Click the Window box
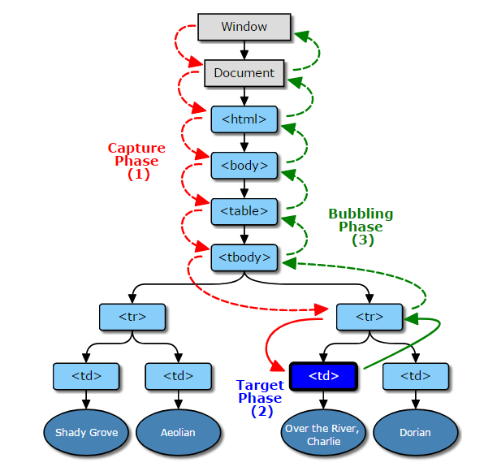pyautogui.click(x=244, y=27)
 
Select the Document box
pyautogui.click(x=244, y=73)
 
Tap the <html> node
pyautogui.click(x=244, y=119)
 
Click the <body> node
pyautogui.click(x=244, y=166)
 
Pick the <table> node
pyautogui.click(x=244, y=211)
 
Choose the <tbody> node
pyautogui.click(x=244, y=257)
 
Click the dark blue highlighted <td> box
pyautogui.click(x=323, y=376)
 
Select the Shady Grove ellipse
pyautogui.click(x=86, y=433)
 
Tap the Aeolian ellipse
pyautogui.click(x=178, y=433)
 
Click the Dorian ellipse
pyautogui.click(x=416, y=433)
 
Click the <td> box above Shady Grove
pyautogui.click(x=86, y=376)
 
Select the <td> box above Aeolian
pyautogui.click(x=178, y=376)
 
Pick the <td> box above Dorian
pyautogui.click(x=416, y=376)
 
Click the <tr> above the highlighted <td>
pyautogui.click(x=370, y=317)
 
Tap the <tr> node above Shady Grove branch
pyautogui.click(x=132, y=317)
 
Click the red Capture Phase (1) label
pyautogui.click(x=136, y=161)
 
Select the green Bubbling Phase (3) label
pyautogui.click(x=361, y=227)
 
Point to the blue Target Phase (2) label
pyautogui.click(x=260, y=397)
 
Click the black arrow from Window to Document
pyautogui.click(x=244, y=50)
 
